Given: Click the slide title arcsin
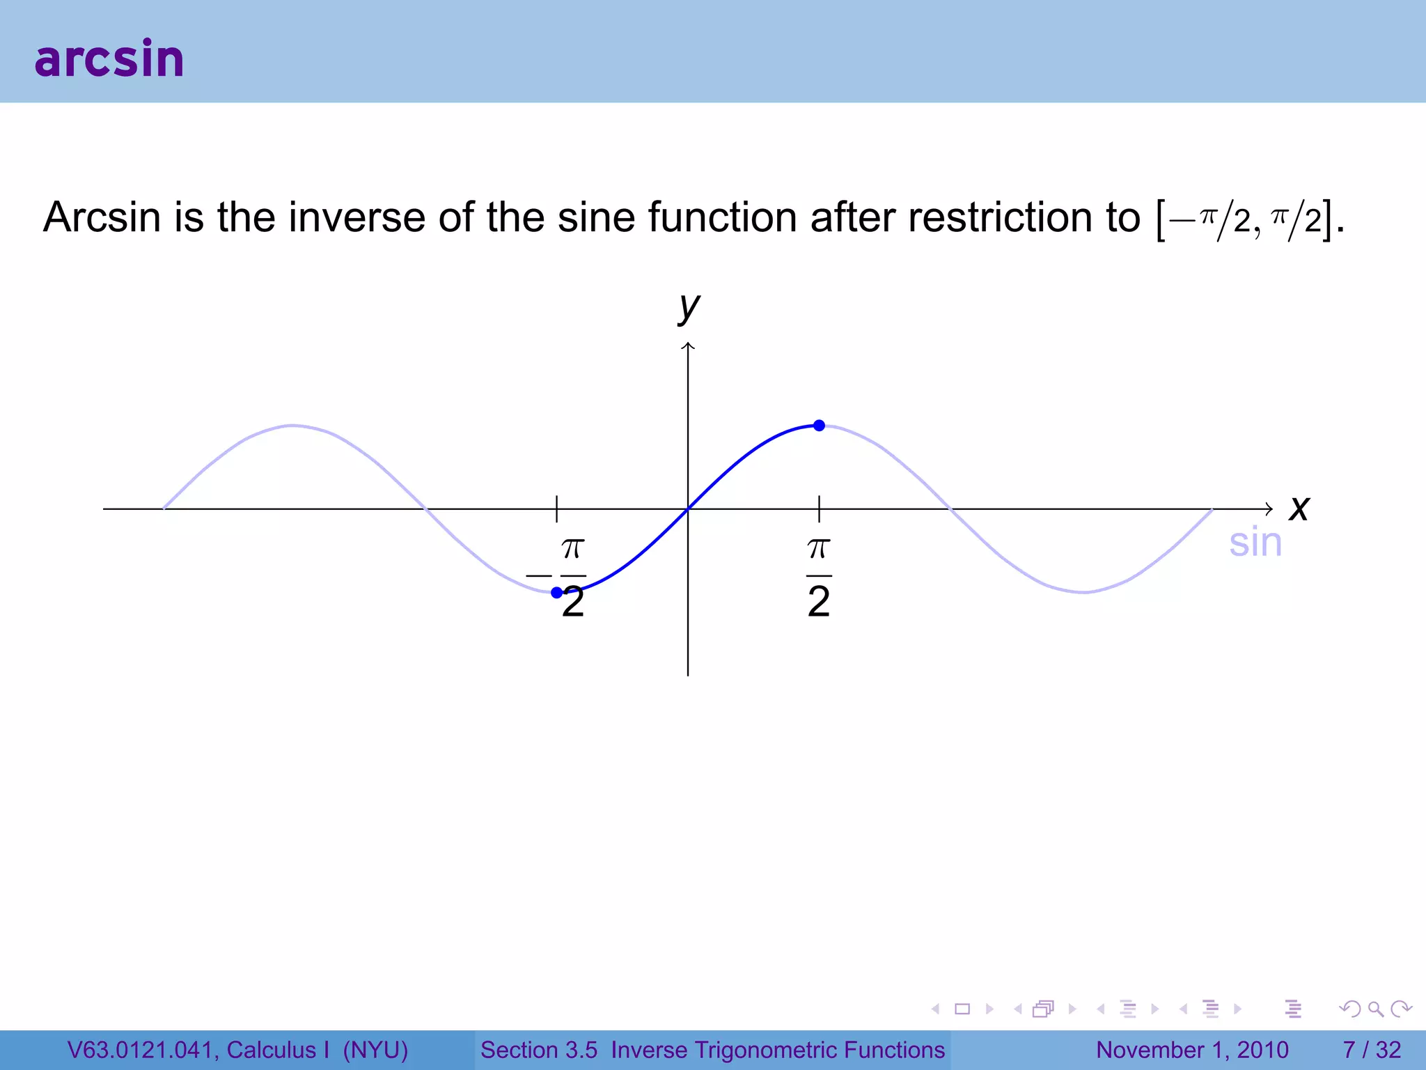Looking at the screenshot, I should pyautogui.click(x=109, y=59).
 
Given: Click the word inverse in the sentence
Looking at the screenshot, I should pyautogui.click(x=356, y=217).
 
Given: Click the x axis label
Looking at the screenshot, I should pyautogui.click(x=1299, y=508).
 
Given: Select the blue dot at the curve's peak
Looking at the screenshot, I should pyautogui.click(x=820, y=426).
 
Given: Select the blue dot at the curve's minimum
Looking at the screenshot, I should pyautogui.click(x=557, y=593).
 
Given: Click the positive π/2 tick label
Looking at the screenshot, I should pyautogui.click(x=819, y=577).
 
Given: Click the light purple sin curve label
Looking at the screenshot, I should pyautogui.click(x=1255, y=543).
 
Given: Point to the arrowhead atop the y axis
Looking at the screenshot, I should pyautogui.click(x=688, y=346).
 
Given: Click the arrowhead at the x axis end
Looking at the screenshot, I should pyautogui.click(x=1269, y=509).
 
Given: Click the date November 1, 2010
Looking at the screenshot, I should pyautogui.click(x=1192, y=1050).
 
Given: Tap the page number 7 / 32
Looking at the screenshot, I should pyautogui.click(x=1372, y=1050).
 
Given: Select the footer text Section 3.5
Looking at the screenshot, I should pyautogui.click(x=539, y=1050).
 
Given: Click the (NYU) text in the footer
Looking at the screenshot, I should pyautogui.click(x=375, y=1050).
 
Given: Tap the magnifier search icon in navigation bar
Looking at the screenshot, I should pyautogui.click(x=1375, y=1009).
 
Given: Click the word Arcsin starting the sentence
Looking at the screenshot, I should pyautogui.click(x=102, y=217).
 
